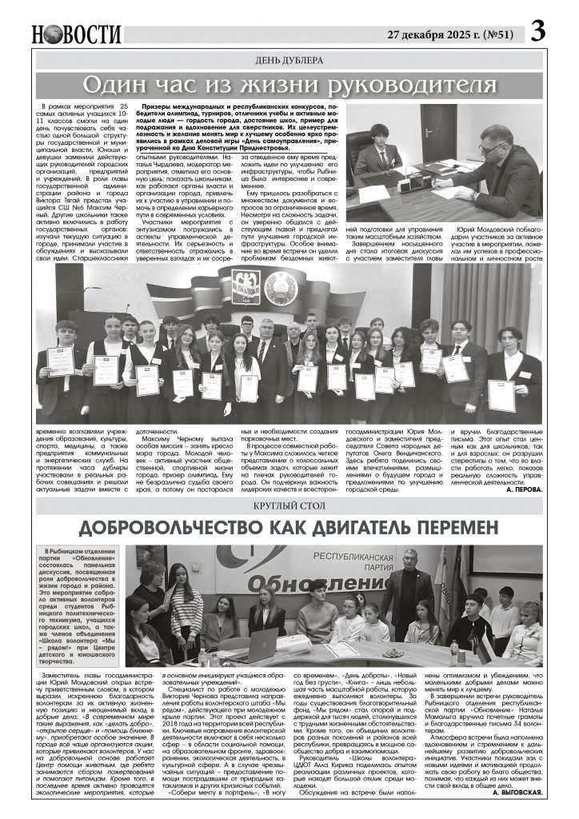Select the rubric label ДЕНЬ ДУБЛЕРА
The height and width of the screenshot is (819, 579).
click(289, 60)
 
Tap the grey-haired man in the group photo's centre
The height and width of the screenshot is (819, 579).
click(267, 344)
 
